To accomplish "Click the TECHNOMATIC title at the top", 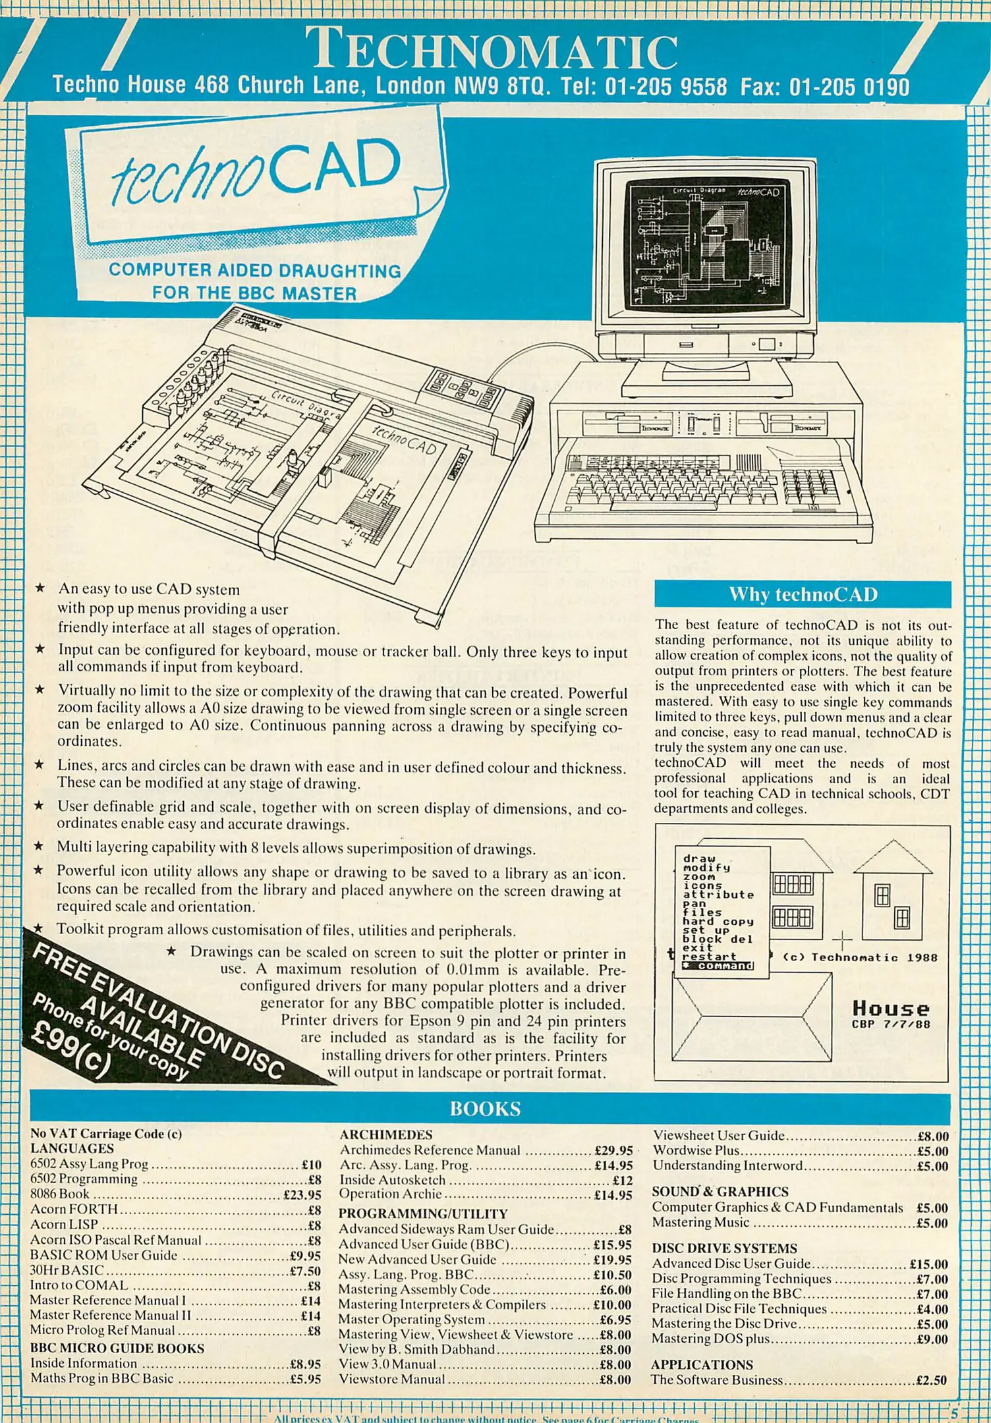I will click(x=492, y=49).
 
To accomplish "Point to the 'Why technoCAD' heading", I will click(x=803, y=594).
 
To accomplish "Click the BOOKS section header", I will click(x=485, y=1109).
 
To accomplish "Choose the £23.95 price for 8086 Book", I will click(x=302, y=1194).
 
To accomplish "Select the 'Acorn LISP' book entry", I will click(x=65, y=1225).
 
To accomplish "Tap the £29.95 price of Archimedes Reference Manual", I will click(x=613, y=1150).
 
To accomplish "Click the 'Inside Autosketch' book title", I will click(x=393, y=1180).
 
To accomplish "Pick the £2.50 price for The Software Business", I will click(x=932, y=1380).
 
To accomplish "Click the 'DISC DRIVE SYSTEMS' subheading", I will click(x=724, y=1248).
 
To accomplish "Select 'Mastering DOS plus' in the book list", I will click(x=710, y=1339).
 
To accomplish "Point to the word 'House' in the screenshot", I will click(x=891, y=1008).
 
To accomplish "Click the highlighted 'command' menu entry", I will click(x=718, y=966).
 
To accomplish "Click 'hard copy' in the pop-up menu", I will click(x=718, y=922).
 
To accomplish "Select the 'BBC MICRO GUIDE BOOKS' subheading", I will click(x=117, y=1349).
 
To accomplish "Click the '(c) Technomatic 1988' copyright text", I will click(x=860, y=957).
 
